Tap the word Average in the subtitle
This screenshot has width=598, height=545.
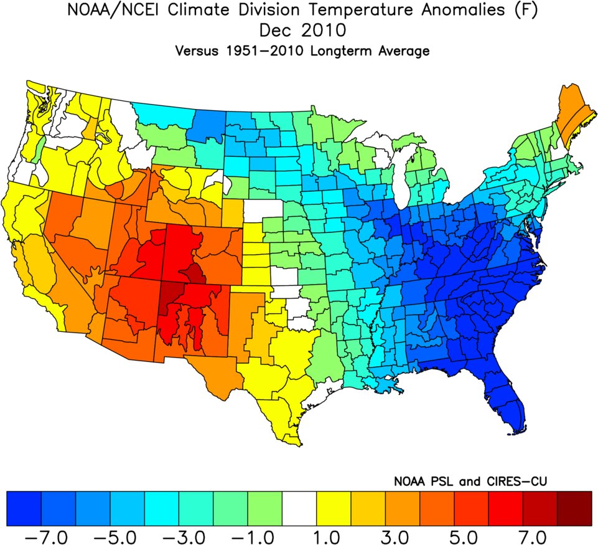(403, 52)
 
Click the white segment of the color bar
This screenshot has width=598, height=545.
(299, 508)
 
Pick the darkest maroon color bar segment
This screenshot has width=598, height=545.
(574, 508)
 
